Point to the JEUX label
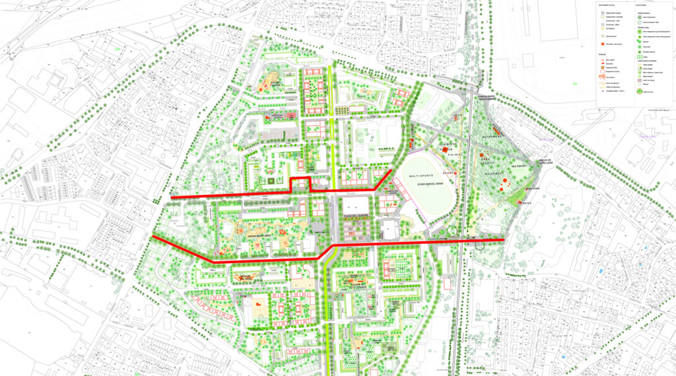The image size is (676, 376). (457, 114)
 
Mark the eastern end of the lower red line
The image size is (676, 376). (504, 240)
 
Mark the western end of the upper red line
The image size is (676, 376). (172, 197)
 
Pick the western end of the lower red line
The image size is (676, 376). (153, 237)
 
